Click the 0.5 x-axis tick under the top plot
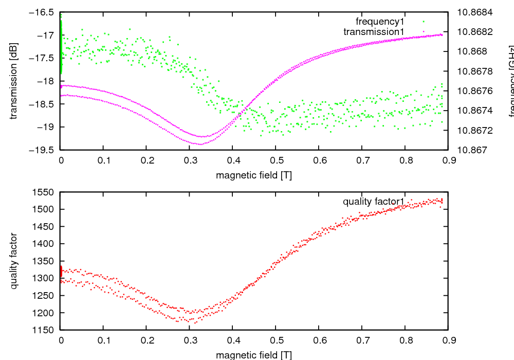point(276,160)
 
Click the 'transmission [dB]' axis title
point(14,81)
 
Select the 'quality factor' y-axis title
point(14,261)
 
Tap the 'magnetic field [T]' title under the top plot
point(254,175)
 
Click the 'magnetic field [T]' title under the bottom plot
point(254,354)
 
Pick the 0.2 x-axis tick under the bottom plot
point(146,339)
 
